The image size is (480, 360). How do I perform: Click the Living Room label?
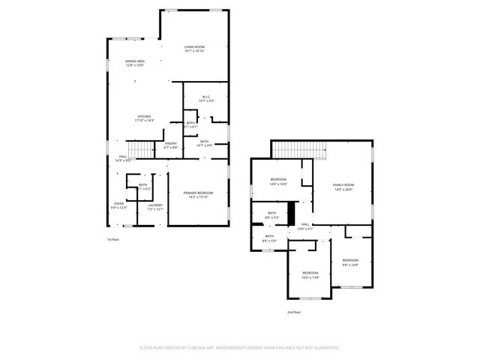[x=194, y=46]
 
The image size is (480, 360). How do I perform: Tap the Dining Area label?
[x=135, y=61]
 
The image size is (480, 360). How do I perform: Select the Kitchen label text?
[x=144, y=116]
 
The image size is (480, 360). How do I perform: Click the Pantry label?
[x=171, y=143]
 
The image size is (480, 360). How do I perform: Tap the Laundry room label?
[x=155, y=205]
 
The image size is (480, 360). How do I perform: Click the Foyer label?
[x=118, y=203]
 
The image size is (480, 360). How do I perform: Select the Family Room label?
[x=343, y=184]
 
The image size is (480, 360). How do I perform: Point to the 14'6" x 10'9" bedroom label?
[x=278, y=179]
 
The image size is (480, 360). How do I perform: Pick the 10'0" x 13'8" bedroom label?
[x=310, y=272]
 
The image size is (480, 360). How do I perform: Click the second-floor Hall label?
[x=306, y=224]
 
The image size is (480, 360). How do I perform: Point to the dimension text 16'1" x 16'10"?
[x=194, y=51]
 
